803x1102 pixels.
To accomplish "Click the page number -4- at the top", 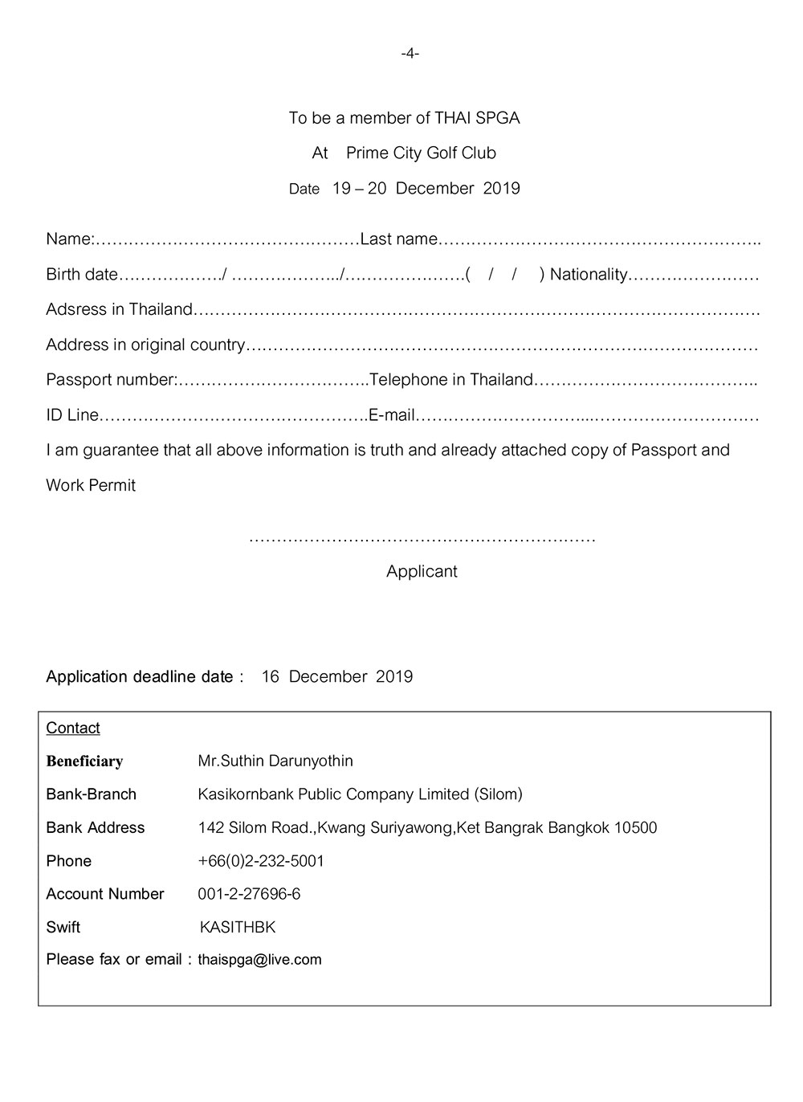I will [x=410, y=54].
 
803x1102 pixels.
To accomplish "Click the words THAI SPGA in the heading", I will [x=477, y=118].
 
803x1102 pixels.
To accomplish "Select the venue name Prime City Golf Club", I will [x=421, y=153].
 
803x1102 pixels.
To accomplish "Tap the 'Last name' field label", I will [x=399, y=239].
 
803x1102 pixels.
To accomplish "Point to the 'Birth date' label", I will [x=82, y=275].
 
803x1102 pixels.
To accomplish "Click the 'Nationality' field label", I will [x=589, y=275].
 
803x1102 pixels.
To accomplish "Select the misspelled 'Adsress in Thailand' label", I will [x=120, y=309].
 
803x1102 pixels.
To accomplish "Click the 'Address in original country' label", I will [x=145, y=345].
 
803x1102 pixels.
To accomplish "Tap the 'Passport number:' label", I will [x=112, y=380].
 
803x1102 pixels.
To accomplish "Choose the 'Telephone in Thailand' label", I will [x=451, y=380].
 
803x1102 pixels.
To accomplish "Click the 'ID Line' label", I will [x=72, y=415].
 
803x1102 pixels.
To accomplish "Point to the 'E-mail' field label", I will [x=392, y=415].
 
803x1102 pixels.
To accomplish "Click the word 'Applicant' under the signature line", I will [x=422, y=571].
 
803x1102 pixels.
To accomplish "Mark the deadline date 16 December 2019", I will [x=337, y=676].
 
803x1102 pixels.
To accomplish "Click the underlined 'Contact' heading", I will [x=73, y=728].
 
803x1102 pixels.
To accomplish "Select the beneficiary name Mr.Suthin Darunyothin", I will [x=275, y=761].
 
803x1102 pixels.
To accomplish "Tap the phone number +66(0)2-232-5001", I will [x=261, y=861].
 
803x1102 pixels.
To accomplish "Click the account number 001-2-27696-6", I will [x=249, y=894].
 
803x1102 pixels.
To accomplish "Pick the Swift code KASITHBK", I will [x=238, y=928].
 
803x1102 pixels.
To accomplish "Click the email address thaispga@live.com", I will [x=259, y=960].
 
